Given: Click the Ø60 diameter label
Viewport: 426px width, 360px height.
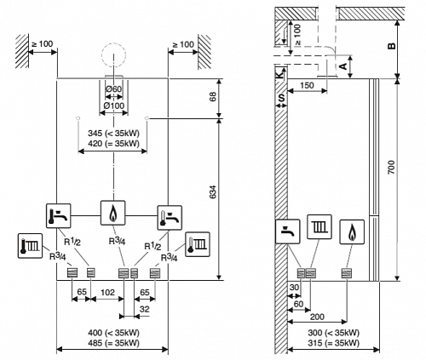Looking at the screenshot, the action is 114,89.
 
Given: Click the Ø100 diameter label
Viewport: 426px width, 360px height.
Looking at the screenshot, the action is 114,106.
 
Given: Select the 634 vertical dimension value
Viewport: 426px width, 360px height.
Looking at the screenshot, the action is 213,191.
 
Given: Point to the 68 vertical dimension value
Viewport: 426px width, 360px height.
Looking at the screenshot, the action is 213,96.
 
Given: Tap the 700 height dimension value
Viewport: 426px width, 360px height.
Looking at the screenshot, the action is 391,168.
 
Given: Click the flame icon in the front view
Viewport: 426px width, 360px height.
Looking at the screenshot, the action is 113,213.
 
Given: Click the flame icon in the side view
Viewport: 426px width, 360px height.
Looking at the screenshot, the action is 352,231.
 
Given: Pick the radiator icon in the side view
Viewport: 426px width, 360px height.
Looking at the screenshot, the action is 319,227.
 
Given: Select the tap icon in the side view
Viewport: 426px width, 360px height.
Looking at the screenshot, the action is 288,231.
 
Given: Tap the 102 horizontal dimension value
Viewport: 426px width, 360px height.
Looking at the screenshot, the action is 107,292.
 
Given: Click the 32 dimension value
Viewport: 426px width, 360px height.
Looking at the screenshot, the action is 145,309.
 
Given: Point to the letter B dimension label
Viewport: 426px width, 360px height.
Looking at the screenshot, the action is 391,45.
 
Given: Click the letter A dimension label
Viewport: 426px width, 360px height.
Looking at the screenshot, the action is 343,66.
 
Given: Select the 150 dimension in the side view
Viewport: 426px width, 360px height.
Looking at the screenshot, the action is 307,85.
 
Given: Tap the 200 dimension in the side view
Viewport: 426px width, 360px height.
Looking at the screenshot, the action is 317,317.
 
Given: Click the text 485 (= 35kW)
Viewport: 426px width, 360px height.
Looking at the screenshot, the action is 113,343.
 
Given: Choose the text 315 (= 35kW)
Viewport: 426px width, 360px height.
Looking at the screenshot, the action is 333,343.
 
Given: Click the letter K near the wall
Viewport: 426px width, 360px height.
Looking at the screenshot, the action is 280,74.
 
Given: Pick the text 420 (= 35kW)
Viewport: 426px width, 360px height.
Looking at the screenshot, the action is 113,144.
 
